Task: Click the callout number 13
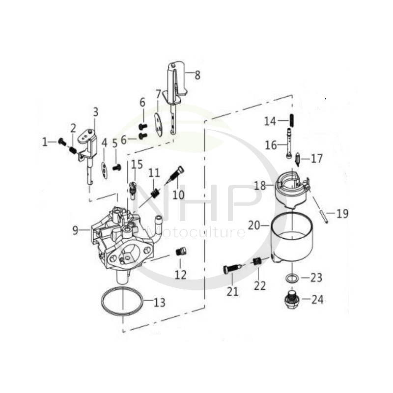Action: (x=160, y=303)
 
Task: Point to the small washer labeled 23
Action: (x=291, y=279)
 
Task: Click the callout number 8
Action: (x=197, y=75)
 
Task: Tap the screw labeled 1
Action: (x=62, y=141)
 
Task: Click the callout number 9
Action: (x=75, y=229)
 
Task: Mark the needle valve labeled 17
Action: (x=298, y=160)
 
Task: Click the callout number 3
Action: (x=95, y=112)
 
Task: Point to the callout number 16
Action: (x=271, y=145)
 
